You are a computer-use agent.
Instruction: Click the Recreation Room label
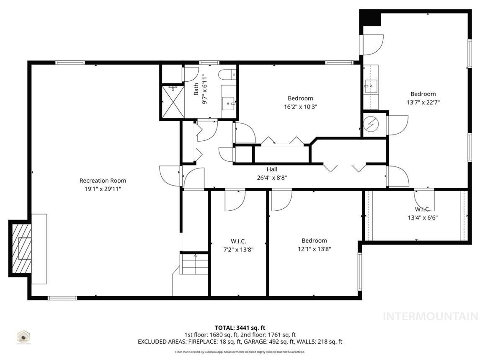click(103, 181)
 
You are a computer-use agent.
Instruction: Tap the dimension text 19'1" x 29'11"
click(103, 189)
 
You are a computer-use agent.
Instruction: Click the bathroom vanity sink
click(229, 102)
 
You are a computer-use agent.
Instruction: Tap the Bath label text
click(196, 89)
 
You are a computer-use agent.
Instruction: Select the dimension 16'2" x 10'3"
click(300, 106)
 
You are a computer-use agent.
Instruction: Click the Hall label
click(272, 169)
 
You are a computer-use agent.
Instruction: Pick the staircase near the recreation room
click(194, 264)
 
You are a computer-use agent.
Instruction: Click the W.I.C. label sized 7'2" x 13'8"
click(238, 241)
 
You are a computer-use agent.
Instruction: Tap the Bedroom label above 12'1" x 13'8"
click(314, 241)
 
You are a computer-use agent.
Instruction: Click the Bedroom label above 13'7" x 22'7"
click(423, 94)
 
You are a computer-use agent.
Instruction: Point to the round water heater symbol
click(370, 124)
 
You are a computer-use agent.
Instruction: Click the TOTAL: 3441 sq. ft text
click(240, 328)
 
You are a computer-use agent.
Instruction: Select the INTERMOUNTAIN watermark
click(431, 316)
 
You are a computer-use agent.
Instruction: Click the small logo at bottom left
click(23, 337)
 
